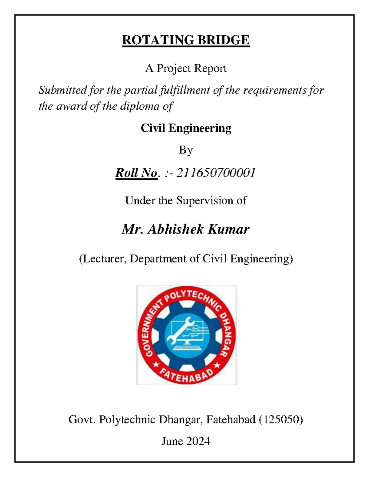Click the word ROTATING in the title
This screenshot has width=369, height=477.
click(x=158, y=40)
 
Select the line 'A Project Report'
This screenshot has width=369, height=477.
click(x=186, y=68)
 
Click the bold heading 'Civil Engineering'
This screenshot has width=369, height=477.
click(x=186, y=128)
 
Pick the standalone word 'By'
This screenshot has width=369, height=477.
click(x=186, y=150)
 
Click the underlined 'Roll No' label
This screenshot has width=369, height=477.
click(x=136, y=173)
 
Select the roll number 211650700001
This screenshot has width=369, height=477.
click(x=216, y=173)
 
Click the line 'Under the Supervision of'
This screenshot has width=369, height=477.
click(x=186, y=201)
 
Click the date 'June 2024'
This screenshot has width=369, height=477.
click(x=186, y=441)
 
